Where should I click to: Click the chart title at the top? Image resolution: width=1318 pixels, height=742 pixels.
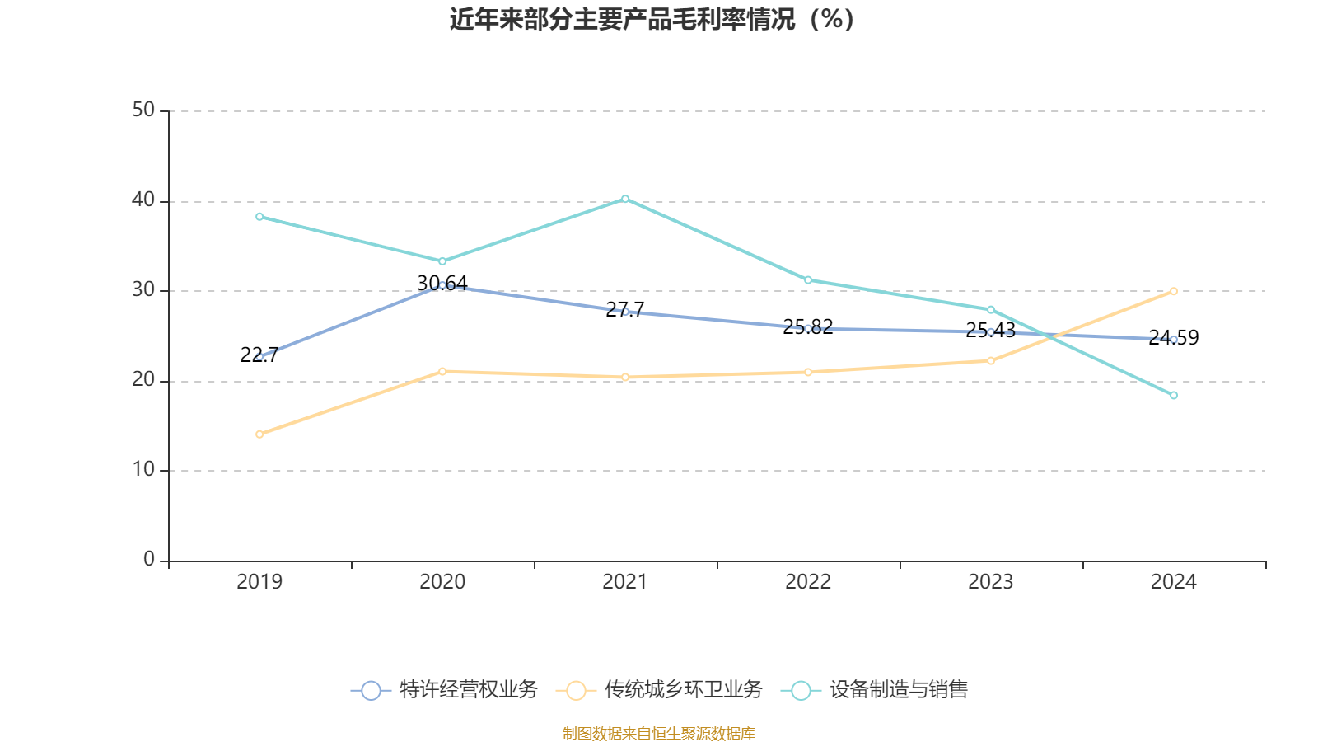tap(652, 19)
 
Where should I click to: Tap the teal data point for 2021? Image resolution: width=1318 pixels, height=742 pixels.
tap(625, 199)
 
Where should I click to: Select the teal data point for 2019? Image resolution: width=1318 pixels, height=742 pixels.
tap(259, 217)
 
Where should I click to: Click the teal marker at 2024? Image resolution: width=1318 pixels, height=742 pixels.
tap(1174, 396)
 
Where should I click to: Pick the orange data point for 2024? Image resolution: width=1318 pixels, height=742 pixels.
tap(1174, 291)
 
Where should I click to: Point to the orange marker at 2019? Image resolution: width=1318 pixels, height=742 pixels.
tap(259, 434)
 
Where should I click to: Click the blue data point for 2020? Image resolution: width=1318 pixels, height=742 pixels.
tap(442, 285)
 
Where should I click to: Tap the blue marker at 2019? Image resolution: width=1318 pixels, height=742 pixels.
tap(259, 356)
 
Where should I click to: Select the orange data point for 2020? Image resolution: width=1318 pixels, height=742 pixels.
tap(442, 371)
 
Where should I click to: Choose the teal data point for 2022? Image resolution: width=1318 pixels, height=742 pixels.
tap(808, 280)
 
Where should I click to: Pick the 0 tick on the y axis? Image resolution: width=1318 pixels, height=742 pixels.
tap(149, 560)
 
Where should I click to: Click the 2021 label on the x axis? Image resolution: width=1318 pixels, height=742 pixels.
tap(625, 582)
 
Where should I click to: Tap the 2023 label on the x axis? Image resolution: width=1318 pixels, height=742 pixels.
tap(991, 582)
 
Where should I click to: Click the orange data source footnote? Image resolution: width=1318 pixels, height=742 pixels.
tap(659, 733)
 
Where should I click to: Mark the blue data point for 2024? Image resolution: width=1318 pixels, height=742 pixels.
tap(1174, 339)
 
